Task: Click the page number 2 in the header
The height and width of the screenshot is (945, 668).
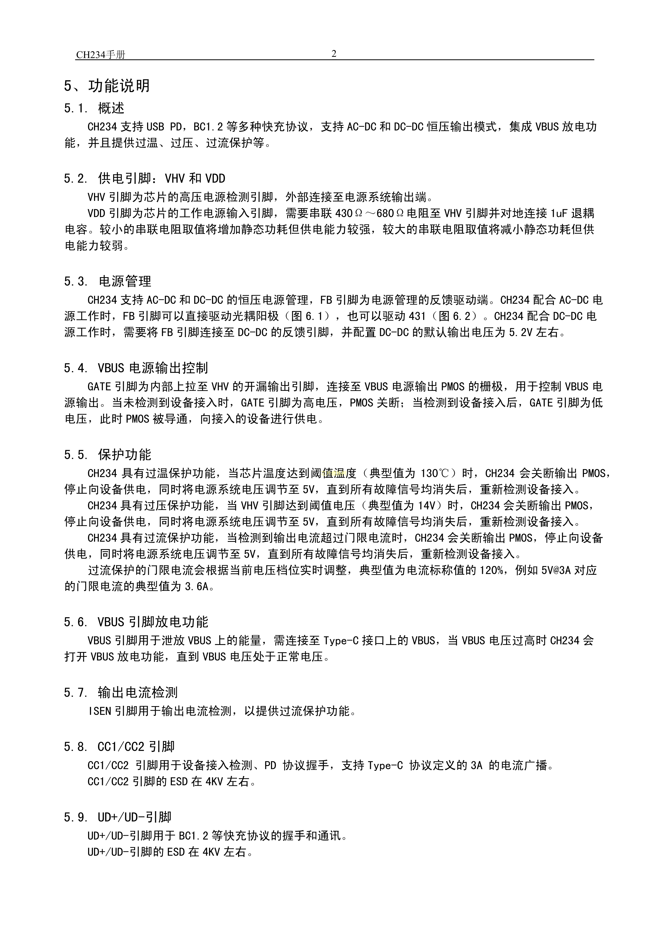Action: (334, 54)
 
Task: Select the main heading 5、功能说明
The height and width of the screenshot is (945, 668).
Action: (107, 86)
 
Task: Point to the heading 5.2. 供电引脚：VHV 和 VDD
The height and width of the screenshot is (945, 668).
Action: (144, 178)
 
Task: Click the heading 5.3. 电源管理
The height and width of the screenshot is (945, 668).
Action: (107, 281)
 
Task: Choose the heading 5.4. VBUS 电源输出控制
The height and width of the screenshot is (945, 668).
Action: (136, 368)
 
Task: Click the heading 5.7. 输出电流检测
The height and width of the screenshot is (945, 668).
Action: (121, 693)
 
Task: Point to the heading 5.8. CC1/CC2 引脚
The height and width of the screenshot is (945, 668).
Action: (119, 746)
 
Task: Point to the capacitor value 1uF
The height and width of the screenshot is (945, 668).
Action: (559, 213)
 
